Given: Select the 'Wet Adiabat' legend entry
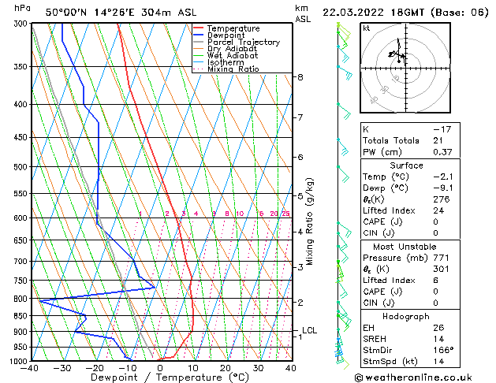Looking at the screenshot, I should pyautogui.click(x=233, y=55).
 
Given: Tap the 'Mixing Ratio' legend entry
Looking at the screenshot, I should pyautogui.click(x=233, y=69).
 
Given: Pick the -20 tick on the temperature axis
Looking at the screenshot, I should pyautogui.click(x=95, y=367).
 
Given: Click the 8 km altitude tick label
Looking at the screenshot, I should pyautogui.click(x=300, y=77).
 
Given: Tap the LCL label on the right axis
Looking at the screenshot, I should pyautogui.click(x=309, y=330).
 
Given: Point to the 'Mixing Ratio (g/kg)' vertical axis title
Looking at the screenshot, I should pyautogui.click(x=310, y=221).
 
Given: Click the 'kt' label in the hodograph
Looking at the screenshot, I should pyautogui.click(x=366, y=28).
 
